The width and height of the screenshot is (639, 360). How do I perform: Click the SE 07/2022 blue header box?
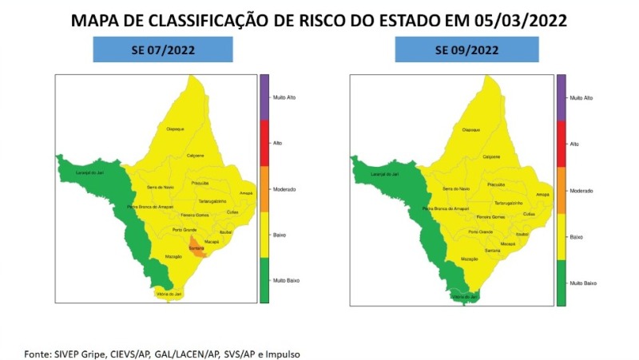[163, 49]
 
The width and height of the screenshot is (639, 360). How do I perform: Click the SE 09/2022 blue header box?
[466, 49]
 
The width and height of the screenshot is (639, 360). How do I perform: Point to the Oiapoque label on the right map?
[470, 129]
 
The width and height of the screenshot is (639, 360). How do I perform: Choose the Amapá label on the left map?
[245, 193]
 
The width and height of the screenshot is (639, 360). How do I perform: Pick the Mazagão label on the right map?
[470, 259]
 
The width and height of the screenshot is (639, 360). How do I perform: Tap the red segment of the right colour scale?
[562, 143]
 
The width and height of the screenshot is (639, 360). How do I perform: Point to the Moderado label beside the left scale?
[284, 189]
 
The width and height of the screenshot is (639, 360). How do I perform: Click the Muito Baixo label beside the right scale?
[582, 284]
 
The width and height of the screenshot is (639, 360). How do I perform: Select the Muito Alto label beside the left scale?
[284, 97]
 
